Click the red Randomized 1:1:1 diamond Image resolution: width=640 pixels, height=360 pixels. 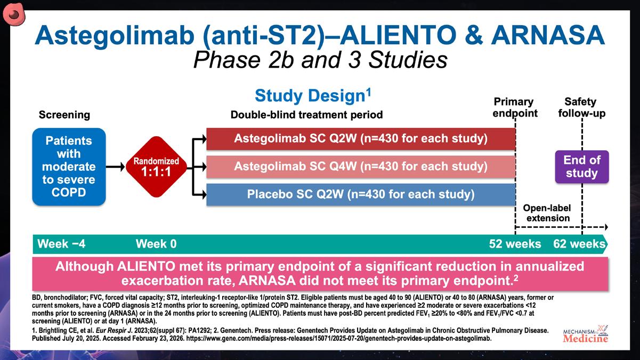tap(156, 167)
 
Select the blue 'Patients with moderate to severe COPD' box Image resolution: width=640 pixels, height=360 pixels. tap(69, 167)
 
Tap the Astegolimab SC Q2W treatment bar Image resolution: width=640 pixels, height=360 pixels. tap(361, 139)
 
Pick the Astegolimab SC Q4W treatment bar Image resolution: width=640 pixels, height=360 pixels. tap(361, 167)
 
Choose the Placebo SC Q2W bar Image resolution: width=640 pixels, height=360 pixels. tap(361, 194)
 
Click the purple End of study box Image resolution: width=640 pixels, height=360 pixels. tap(582, 167)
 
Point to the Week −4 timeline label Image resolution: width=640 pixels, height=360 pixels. tap(61, 244)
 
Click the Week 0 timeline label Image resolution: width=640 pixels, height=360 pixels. tap(156, 244)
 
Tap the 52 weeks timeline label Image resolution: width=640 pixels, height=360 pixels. tap(515, 244)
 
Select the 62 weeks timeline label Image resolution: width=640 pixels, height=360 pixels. tap(579, 244)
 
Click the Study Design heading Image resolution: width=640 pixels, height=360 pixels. tap(313, 95)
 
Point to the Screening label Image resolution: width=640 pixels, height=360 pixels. tap(64, 115)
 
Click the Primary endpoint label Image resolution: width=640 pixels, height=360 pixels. tap(515, 108)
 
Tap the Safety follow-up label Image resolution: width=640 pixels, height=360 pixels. tap(582, 108)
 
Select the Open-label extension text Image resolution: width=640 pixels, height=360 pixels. tap(547, 213)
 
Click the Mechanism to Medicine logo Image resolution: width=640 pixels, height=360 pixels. tap(586, 334)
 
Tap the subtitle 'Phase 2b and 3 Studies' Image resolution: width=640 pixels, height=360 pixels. tap(320, 60)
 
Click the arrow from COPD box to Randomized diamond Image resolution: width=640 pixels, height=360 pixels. tap(116, 167)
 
